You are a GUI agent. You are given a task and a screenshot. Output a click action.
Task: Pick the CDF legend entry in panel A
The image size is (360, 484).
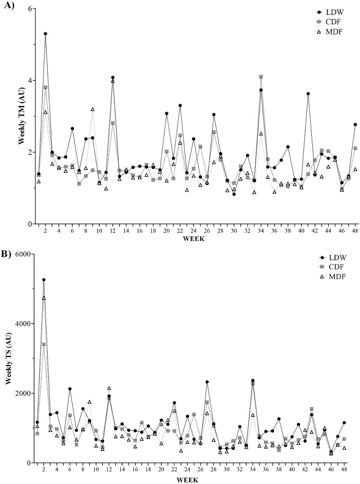[x=330, y=21]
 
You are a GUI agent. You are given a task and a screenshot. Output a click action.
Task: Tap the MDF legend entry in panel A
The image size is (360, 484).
[x=330, y=31]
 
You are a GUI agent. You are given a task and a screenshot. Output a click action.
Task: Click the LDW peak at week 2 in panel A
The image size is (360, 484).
[x=46, y=33]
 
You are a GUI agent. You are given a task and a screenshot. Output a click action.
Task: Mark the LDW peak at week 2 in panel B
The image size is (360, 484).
[x=44, y=280]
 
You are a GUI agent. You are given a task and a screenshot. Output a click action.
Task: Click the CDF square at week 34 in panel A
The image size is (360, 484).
[x=261, y=76]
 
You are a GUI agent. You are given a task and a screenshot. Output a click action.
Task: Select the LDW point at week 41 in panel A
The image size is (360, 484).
[x=308, y=94]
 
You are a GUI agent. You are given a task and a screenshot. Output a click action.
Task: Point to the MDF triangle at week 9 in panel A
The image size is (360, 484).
[x=92, y=109]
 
